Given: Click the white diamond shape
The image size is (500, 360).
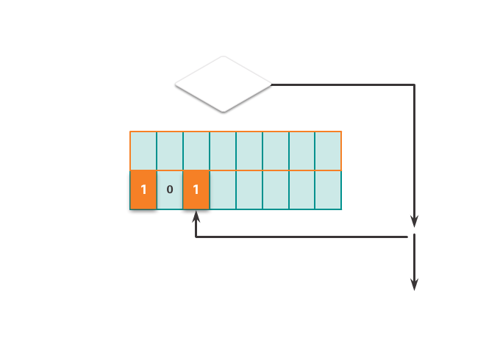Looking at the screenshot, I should click(223, 84).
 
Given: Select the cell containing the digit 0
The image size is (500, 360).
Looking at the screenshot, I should click(170, 190).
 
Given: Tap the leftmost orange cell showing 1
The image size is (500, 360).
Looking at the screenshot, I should click(143, 190).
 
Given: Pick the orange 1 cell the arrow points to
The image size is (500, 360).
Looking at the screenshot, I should click(196, 190).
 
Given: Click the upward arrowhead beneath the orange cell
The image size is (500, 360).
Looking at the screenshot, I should click(196, 219).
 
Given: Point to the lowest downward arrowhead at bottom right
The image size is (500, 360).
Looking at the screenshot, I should click(414, 284).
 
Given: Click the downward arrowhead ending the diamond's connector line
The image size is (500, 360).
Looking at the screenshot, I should click(414, 221).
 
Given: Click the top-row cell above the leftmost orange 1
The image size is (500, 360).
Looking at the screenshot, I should click(143, 151).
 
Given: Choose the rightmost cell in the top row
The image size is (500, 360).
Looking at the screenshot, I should click(328, 151).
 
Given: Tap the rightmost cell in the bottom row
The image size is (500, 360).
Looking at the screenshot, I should click(328, 190).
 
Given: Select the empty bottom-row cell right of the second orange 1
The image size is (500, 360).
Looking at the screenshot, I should click(223, 190).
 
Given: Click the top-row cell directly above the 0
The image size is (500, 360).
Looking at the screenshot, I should click(170, 151).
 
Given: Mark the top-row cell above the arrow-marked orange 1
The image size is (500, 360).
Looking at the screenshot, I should click(196, 151).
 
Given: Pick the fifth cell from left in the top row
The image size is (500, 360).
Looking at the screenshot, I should click(249, 151).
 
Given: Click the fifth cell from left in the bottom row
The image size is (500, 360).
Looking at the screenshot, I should click(249, 190).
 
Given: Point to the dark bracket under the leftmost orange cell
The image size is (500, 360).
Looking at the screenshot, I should click(143, 212).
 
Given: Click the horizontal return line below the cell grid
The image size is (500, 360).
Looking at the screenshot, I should click(301, 237).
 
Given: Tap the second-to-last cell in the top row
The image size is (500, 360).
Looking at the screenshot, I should click(301, 151).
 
